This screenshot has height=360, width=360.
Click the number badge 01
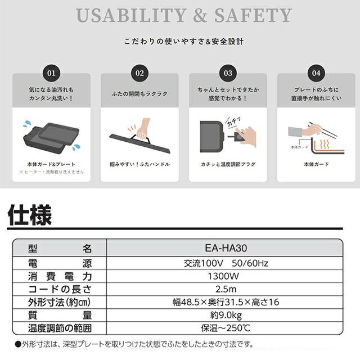click(x=51, y=74)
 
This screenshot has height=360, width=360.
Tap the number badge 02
click(x=139, y=74)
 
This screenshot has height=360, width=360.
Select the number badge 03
click(x=228, y=74)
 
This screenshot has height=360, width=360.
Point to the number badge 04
click(x=316, y=74)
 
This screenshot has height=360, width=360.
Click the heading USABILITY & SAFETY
click(x=184, y=15)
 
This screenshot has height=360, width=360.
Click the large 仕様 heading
click(x=29, y=215)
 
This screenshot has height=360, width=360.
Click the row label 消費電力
click(x=59, y=276)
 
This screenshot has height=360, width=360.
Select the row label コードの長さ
click(x=59, y=289)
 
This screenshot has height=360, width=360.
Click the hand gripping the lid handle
click(x=143, y=129)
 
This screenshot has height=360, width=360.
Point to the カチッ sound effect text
click(x=234, y=121)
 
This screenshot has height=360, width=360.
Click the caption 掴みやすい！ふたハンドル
click(x=139, y=164)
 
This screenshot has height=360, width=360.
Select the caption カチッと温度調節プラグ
click(x=228, y=164)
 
